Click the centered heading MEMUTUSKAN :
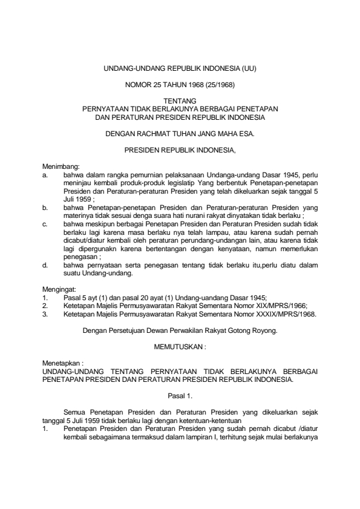[x=180, y=348]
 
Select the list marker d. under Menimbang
[x=45, y=264]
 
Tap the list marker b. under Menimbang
[x=45, y=206]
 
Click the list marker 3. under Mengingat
[x=45, y=314]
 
